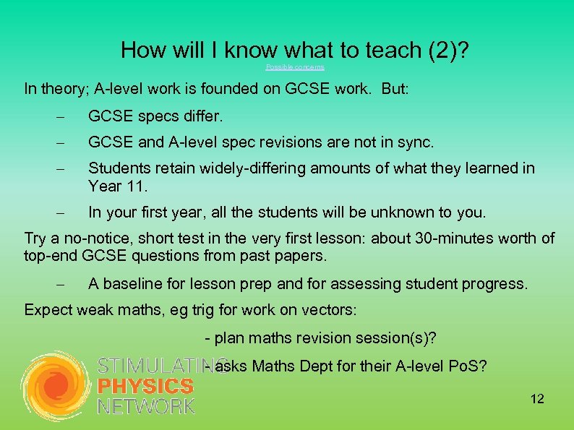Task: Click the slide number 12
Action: [x=536, y=399]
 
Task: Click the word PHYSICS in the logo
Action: [x=145, y=387]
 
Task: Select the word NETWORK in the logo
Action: [x=145, y=406]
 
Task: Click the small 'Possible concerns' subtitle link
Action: [x=295, y=67]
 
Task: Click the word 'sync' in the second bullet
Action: [x=416, y=142]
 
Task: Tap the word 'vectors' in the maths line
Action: [x=329, y=311]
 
